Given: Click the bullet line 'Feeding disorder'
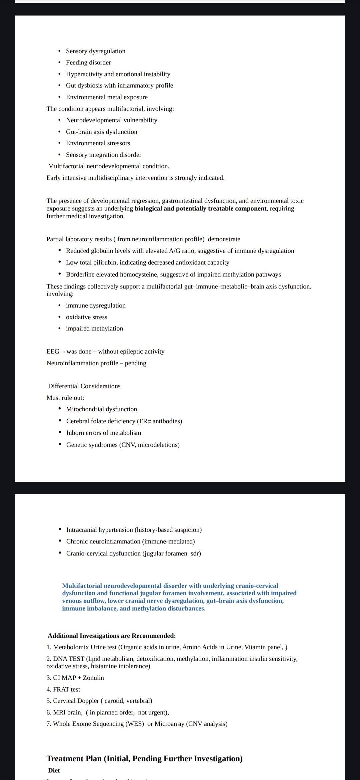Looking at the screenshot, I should [x=88, y=62].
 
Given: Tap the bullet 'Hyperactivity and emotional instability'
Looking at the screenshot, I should [x=118, y=74].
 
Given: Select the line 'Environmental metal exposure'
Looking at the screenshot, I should [x=107, y=97].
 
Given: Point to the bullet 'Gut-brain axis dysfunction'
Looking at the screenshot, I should [x=101, y=132].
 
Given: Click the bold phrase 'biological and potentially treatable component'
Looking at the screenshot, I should [x=200, y=209].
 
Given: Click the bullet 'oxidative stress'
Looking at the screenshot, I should [x=86, y=317].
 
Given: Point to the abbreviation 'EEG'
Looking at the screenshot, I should [x=53, y=351].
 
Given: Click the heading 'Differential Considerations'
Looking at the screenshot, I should [x=84, y=386].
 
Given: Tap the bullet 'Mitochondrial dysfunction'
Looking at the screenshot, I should [x=101, y=409].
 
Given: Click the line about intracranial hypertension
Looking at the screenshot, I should [x=134, y=530].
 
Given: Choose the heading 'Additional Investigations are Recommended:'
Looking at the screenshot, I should [x=112, y=636].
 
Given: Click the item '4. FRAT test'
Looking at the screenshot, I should [x=63, y=689].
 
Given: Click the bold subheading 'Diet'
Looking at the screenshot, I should [x=54, y=770].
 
